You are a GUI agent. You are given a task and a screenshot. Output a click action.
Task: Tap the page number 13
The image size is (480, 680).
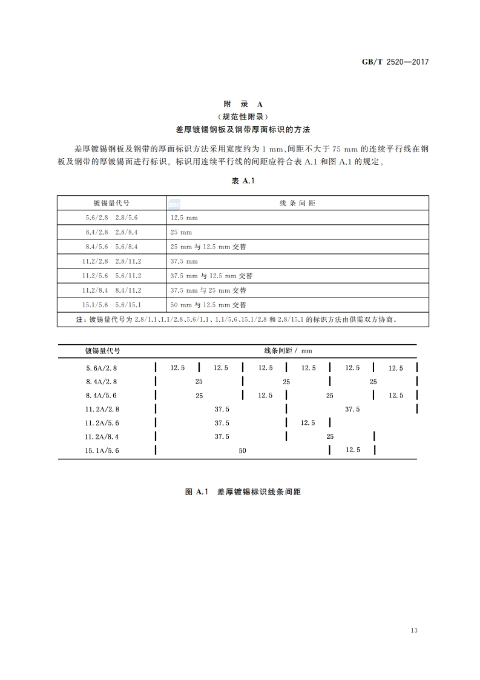(x=414, y=630)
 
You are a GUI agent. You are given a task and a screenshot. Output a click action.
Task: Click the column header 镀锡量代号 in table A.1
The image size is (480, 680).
(x=111, y=203)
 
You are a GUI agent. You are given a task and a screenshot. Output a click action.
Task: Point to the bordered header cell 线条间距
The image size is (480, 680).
(x=297, y=203)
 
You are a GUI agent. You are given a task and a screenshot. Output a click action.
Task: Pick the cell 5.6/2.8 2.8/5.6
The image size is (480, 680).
(x=111, y=218)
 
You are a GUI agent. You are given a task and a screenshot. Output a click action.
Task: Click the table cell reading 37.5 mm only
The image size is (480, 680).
(x=185, y=261)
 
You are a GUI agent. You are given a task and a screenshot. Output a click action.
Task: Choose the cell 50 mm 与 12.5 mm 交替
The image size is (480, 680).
(x=208, y=305)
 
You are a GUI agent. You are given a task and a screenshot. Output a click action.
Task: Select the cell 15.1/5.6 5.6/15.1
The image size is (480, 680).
(x=111, y=305)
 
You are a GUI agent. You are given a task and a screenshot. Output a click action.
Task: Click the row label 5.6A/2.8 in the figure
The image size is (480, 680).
(x=102, y=368)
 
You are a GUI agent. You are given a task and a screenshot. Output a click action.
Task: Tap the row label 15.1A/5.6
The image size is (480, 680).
(x=102, y=450)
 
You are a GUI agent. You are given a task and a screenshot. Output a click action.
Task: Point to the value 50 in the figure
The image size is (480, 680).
(x=243, y=450)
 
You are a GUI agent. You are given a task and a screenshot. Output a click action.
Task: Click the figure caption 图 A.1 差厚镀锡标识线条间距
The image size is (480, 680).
(x=243, y=492)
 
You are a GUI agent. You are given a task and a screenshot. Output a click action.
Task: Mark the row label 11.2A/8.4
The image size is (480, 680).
(x=102, y=436)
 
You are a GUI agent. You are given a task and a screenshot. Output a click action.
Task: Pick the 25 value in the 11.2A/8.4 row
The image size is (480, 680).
(x=330, y=436)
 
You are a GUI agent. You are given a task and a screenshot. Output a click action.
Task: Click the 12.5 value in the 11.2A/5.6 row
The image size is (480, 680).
(x=308, y=422)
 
